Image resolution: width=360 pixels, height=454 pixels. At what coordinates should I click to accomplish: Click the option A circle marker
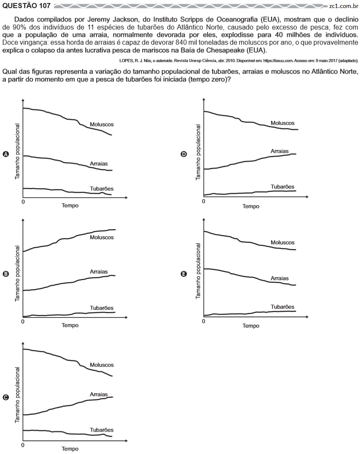coord(5,154)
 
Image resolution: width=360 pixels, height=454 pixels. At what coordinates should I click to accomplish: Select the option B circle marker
coord(5,274)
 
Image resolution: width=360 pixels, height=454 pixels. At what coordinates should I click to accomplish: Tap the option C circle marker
coord(5,398)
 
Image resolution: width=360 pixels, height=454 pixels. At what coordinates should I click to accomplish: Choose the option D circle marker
coord(184,154)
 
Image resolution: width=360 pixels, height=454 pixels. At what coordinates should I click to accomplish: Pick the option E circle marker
coord(184,274)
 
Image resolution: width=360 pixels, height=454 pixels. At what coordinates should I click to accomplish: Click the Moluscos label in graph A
coord(101,125)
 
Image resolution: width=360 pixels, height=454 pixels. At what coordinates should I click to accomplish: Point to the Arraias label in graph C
coord(99,394)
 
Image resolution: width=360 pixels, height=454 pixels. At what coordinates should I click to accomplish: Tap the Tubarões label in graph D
coord(283,187)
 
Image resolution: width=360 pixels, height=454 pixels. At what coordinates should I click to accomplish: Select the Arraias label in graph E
coord(280,278)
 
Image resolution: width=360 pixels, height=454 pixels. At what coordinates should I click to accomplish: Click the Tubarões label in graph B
coord(101,308)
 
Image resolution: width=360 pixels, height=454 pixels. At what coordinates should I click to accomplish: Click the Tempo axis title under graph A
coord(70,206)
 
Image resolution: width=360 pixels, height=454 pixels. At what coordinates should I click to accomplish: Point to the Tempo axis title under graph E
coord(251,326)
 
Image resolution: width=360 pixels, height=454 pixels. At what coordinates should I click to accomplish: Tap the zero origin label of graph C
coord(23,445)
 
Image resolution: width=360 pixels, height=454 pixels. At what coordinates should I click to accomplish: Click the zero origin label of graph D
coord(203,201)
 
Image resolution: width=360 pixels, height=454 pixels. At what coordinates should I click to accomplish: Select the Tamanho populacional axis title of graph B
coord(17,274)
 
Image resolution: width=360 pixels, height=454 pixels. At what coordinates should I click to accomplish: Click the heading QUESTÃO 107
coord(27,6)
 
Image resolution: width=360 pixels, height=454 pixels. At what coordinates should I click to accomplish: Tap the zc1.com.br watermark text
coord(344,6)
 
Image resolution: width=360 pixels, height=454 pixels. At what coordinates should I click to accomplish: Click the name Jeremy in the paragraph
coord(98,20)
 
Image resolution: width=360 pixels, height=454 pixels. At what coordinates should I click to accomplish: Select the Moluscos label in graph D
coord(283,123)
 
